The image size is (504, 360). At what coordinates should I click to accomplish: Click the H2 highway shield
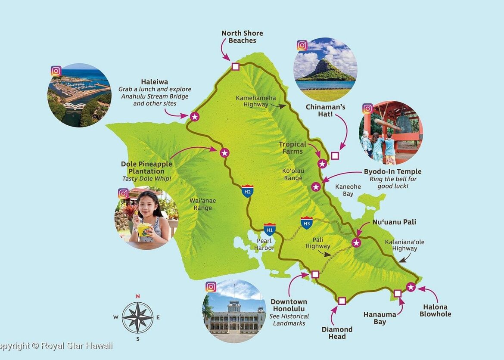(247, 191)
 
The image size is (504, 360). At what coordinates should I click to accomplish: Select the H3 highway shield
(307, 222)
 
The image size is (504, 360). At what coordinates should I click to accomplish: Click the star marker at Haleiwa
(194, 116)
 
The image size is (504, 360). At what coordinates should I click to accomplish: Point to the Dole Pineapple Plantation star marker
(224, 152)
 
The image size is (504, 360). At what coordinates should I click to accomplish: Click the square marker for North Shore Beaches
(235, 66)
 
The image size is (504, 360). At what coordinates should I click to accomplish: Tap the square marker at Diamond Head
(342, 301)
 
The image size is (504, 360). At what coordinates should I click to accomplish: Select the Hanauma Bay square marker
(398, 293)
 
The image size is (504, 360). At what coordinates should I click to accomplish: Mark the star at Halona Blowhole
(411, 287)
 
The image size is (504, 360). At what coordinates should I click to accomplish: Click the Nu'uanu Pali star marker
(356, 243)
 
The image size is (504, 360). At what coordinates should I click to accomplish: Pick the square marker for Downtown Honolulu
(315, 274)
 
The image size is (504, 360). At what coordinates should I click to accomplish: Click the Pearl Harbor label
(265, 245)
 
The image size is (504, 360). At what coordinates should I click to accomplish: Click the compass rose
(137, 318)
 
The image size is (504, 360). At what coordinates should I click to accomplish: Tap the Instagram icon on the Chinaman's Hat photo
(302, 46)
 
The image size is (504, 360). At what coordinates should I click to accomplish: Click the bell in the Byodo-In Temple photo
(404, 124)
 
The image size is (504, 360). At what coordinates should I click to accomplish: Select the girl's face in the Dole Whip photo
(144, 205)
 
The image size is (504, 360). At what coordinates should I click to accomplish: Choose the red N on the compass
(138, 296)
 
